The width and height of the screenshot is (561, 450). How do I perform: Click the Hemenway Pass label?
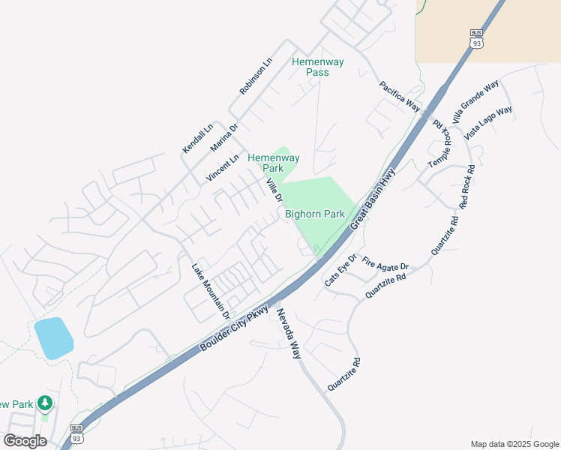coord(318,67)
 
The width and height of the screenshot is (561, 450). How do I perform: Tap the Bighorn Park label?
coord(315,214)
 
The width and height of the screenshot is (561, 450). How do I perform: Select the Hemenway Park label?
coord(274,163)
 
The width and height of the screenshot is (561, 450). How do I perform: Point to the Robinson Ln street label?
coord(256,76)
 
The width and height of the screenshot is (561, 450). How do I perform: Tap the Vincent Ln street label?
coord(223,168)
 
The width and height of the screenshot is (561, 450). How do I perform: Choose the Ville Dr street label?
coord(274,189)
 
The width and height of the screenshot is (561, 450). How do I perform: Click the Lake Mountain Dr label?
coord(209,287)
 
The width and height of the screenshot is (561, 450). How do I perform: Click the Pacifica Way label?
coord(399,96)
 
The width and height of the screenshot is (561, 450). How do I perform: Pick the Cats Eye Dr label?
coord(340,271)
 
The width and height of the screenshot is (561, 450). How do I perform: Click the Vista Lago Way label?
coord(488,122)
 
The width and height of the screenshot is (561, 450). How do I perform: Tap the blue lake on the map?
coord(53,337)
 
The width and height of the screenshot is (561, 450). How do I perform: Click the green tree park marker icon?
coord(44,404)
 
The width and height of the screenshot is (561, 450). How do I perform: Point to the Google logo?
coord(25,441)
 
